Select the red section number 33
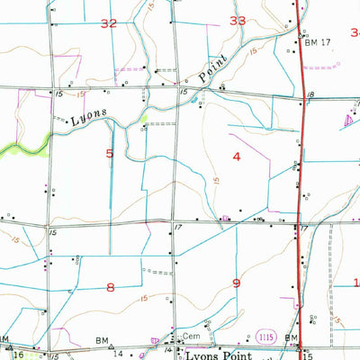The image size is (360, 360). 238,20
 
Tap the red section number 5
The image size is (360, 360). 110,154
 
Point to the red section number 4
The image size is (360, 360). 237,157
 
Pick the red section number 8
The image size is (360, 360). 111,287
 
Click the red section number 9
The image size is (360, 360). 237,283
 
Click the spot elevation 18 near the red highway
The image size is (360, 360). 309,94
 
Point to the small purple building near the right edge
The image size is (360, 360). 349,120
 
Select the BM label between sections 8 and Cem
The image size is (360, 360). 102,342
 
